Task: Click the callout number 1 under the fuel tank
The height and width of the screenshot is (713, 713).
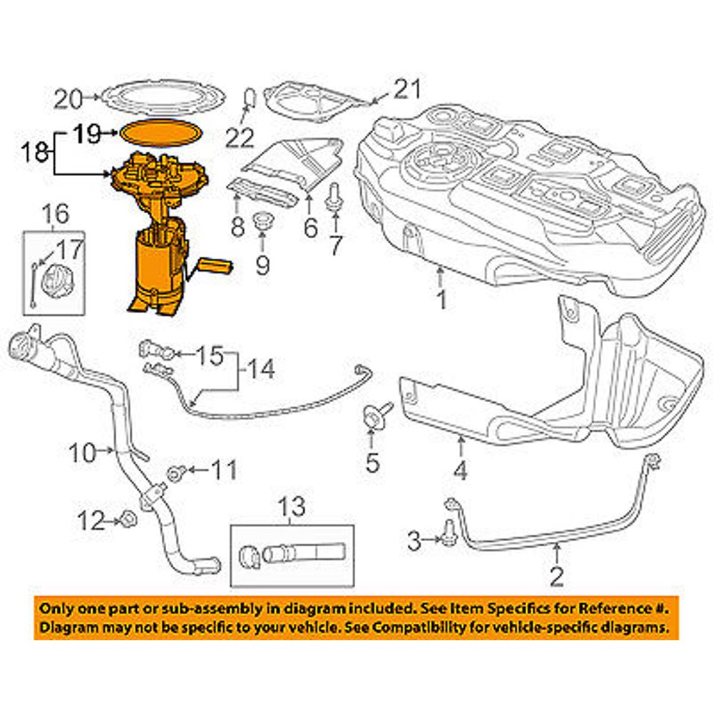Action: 441,299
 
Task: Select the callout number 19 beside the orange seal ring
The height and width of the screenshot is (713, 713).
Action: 90,133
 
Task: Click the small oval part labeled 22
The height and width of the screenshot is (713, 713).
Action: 250,96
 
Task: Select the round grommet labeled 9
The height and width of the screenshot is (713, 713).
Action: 264,220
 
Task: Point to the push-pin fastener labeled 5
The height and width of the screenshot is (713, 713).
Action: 374,415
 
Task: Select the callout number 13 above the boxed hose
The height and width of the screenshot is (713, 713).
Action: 292,508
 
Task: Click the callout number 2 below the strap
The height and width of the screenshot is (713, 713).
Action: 556,575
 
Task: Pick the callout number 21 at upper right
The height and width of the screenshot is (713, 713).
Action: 407,90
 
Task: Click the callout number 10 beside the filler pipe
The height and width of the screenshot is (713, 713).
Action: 83,451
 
